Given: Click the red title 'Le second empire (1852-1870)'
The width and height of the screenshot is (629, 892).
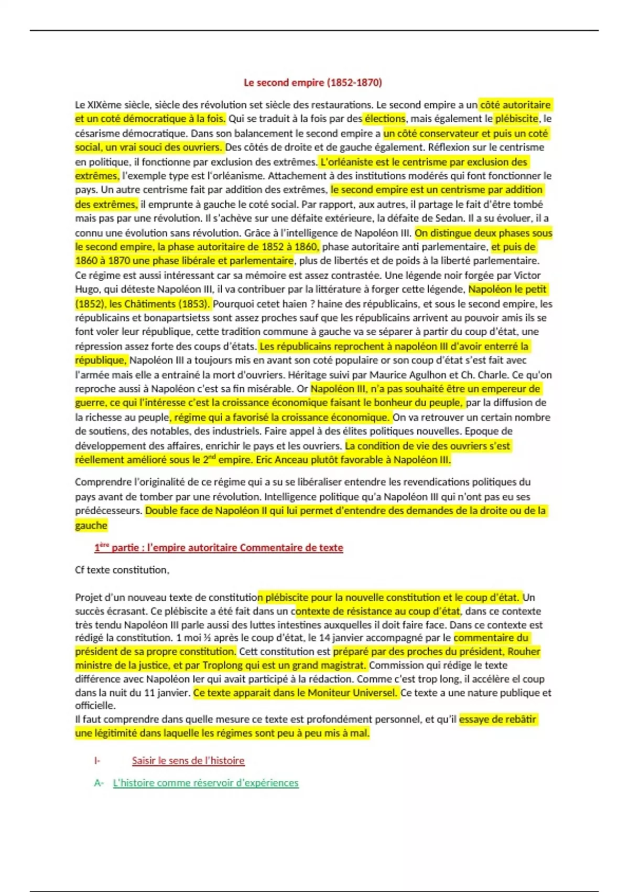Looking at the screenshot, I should pos(312,82).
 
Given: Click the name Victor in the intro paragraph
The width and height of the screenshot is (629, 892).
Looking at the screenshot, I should pos(527,275).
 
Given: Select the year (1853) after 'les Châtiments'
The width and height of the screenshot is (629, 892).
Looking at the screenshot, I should pos(194,304).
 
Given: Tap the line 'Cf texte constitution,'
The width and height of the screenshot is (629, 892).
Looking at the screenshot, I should pos(122,570).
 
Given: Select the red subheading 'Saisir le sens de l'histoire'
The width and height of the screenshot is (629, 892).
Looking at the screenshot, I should pos(188,761).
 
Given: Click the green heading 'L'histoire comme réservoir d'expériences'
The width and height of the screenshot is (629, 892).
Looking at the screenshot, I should pos(205,783).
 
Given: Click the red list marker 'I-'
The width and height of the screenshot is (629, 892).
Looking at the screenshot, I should pos(97,761).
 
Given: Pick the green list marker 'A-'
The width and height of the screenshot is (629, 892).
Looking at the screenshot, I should pos(99,783).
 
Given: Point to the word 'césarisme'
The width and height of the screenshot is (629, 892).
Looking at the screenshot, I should pos(99,133).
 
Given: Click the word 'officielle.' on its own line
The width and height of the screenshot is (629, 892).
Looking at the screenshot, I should pos(95,705).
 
